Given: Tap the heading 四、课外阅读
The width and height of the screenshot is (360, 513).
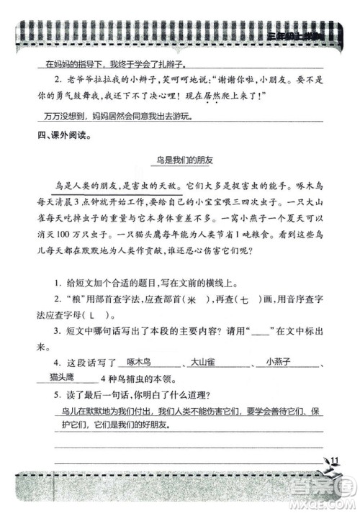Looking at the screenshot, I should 49,134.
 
